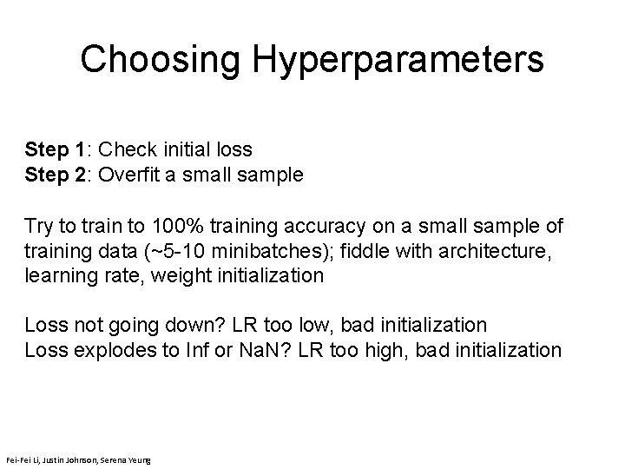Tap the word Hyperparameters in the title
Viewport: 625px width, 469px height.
tap(398, 61)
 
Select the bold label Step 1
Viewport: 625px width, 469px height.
tap(61, 149)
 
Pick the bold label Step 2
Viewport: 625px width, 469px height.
tap(61, 175)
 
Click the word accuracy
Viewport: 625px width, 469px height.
tap(326, 226)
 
